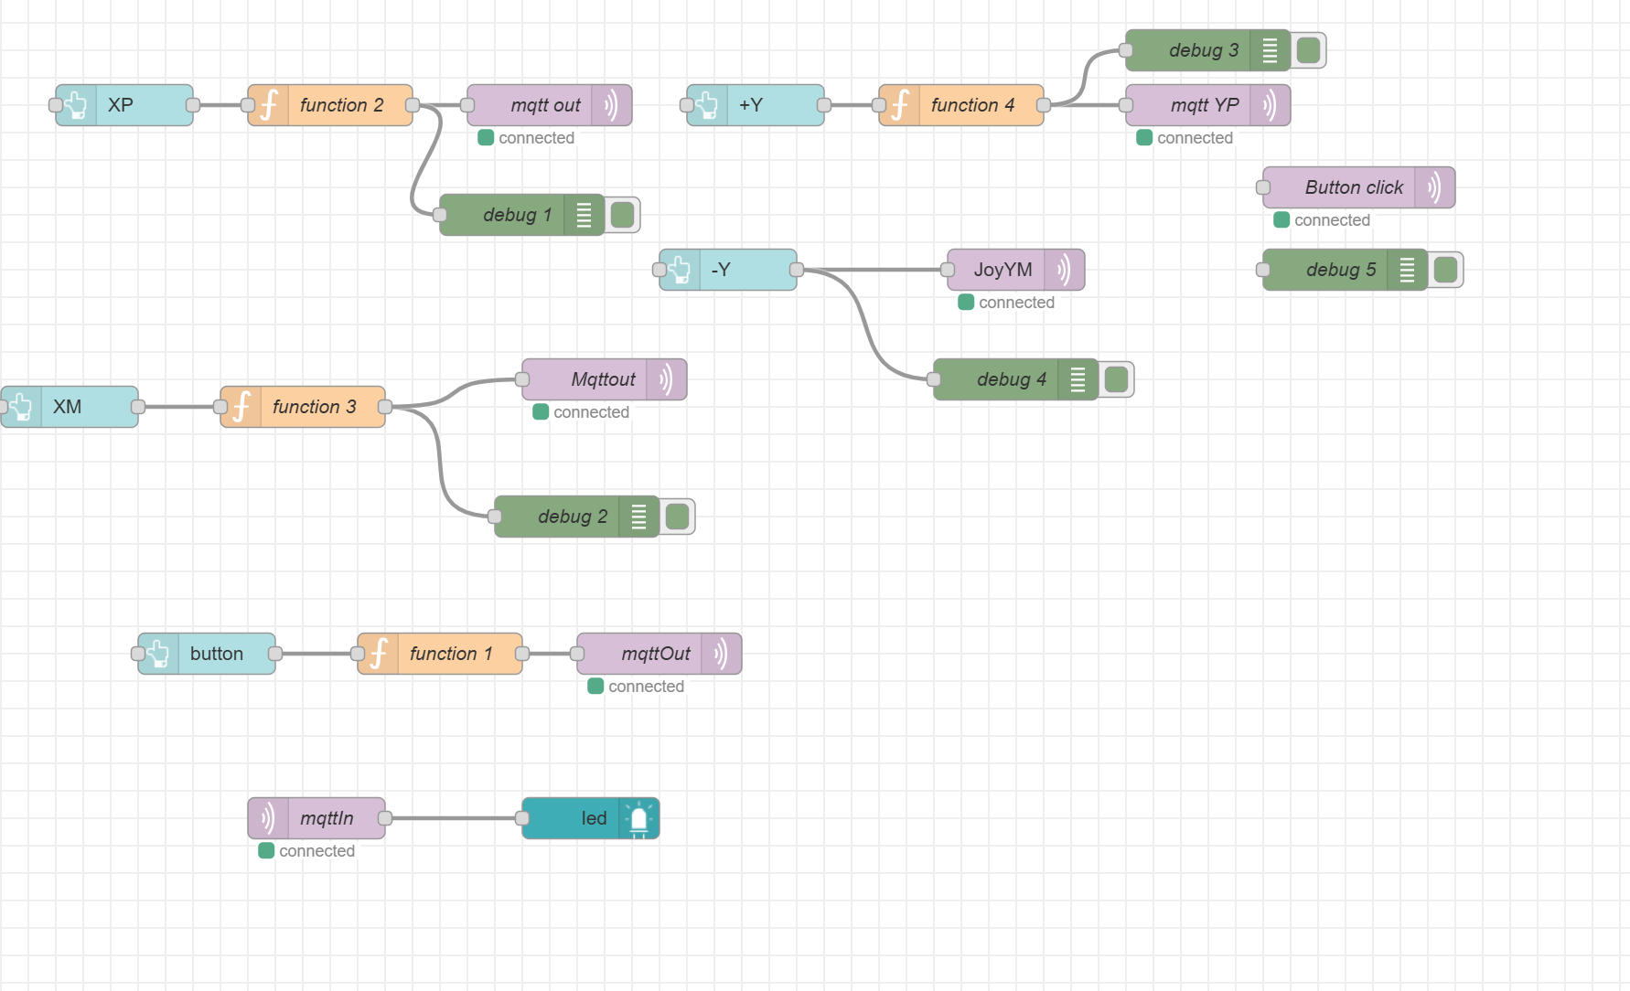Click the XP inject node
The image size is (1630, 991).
[124, 105]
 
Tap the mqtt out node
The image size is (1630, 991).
[545, 105]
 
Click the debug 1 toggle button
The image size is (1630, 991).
[623, 215]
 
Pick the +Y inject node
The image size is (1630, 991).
[756, 105]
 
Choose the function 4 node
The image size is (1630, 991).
[971, 105]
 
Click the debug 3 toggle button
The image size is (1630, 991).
[1309, 50]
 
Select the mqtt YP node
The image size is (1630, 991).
[1204, 105]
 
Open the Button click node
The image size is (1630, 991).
[1354, 187]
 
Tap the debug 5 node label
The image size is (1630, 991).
[1340, 270]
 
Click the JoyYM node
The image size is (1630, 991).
[1003, 270]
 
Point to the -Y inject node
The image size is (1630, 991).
[728, 270]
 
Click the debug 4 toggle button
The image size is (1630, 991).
[1117, 379]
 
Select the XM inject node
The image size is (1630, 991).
[70, 407]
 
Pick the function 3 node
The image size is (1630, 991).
[313, 407]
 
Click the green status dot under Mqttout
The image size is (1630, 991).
[541, 412]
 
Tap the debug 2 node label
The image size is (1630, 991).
[572, 517]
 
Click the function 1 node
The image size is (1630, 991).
[450, 654]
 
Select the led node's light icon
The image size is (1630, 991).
[638, 818]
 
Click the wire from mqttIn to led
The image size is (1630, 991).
[454, 818]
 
